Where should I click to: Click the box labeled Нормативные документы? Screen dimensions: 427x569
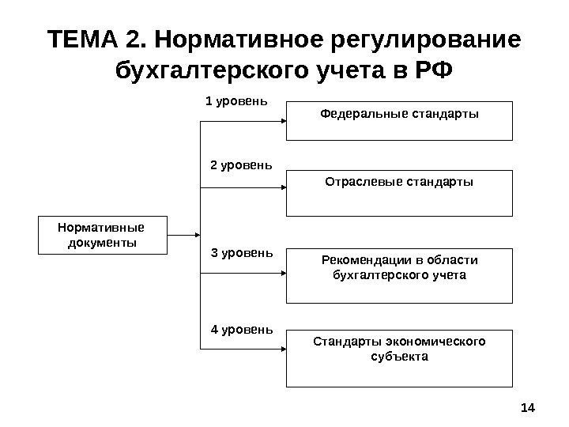point(103,235)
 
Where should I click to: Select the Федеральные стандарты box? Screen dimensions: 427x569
point(399,120)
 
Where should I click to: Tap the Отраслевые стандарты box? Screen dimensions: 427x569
point(399,193)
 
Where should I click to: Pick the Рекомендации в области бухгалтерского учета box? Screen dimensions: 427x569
point(399,275)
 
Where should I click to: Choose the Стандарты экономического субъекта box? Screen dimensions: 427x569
point(399,359)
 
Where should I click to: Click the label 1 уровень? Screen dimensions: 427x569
point(236,102)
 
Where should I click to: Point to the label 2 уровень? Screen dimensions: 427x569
point(241,166)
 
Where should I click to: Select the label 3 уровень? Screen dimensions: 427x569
point(241,254)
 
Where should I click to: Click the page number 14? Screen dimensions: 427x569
point(529,406)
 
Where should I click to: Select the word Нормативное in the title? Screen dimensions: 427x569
point(240,39)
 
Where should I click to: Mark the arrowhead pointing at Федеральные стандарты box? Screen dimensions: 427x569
point(282,121)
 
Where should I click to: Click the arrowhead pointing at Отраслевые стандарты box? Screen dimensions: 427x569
point(282,187)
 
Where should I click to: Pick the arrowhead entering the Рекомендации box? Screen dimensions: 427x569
point(282,273)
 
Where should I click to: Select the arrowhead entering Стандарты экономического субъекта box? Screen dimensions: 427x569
point(282,347)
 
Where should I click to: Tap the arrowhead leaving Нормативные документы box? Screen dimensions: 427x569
point(195,235)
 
